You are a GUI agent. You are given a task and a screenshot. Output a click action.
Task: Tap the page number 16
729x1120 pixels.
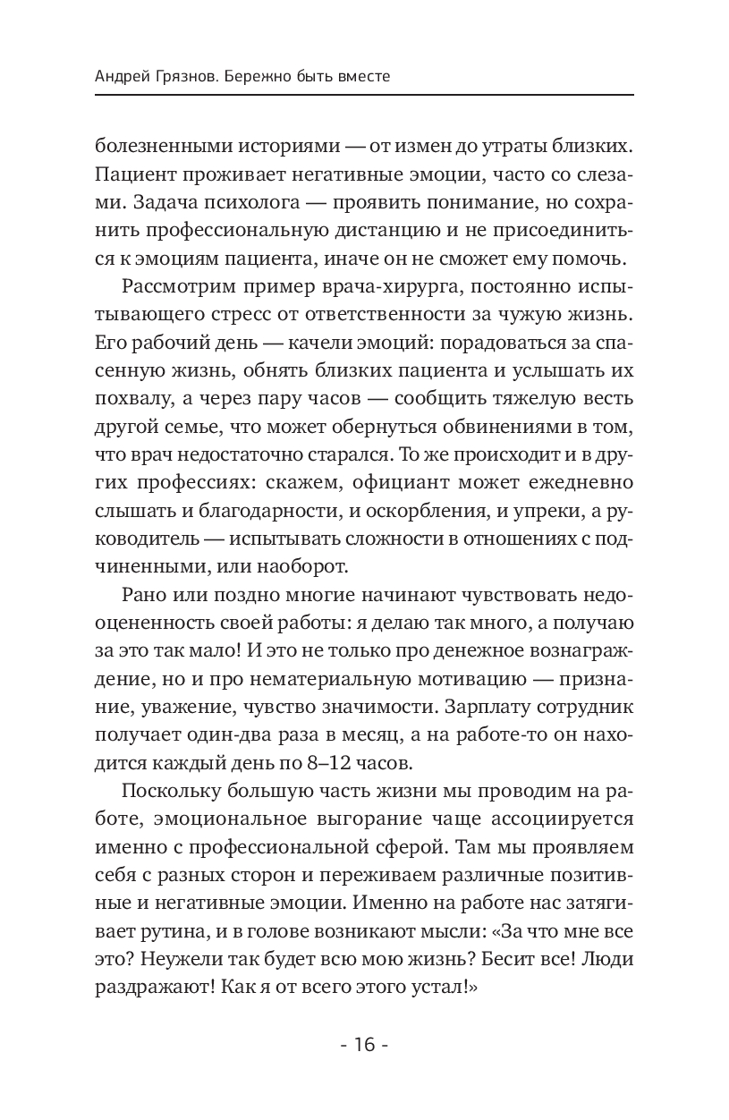[364, 1045]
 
